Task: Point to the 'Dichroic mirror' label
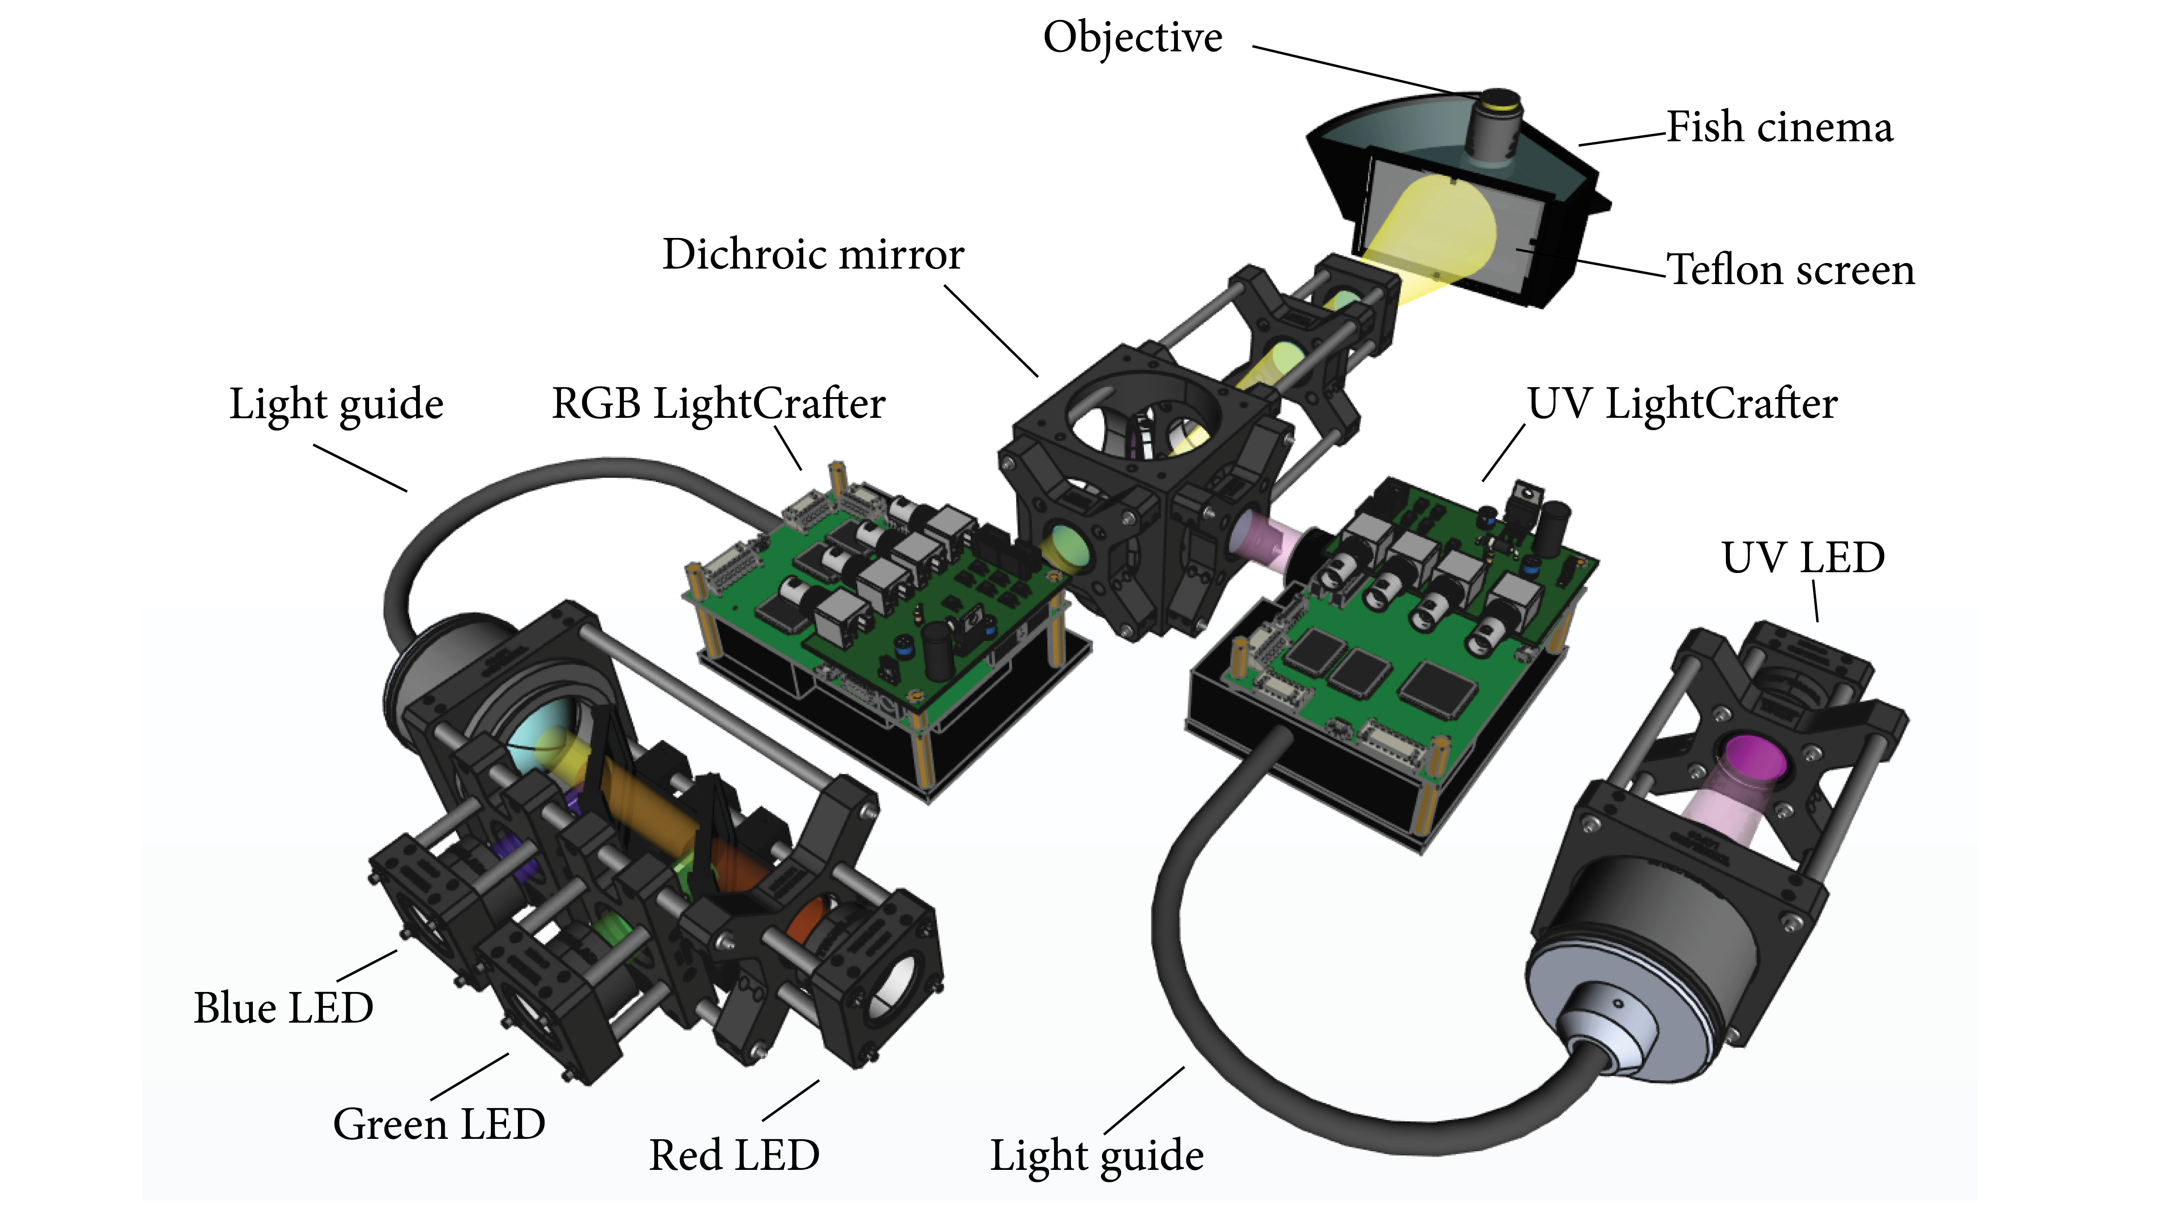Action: click(x=813, y=254)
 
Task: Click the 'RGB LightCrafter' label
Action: click(x=718, y=404)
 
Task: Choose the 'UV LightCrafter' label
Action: click(x=1682, y=404)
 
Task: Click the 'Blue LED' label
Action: click(x=283, y=1008)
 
